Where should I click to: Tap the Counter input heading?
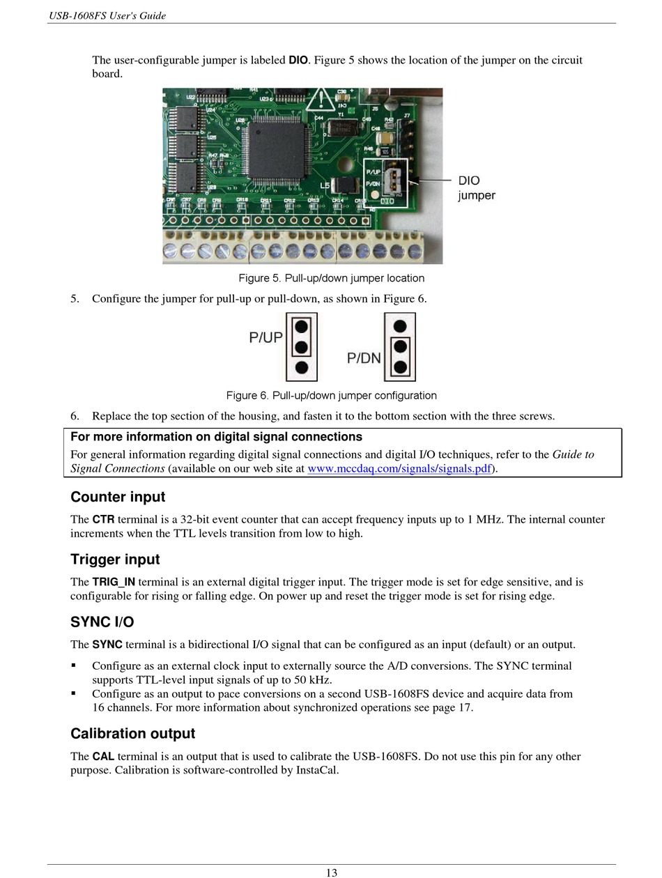pos(118,497)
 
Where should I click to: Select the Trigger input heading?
pos(115,560)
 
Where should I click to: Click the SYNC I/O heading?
pos(102,622)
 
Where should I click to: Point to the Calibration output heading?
pos(132,734)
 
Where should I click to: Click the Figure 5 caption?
pos(331,278)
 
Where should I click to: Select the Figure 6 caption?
pos(331,396)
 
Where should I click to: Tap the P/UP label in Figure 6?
pos(265,338)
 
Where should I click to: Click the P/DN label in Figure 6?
pos(364,358)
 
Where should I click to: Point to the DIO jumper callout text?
pos(476,188)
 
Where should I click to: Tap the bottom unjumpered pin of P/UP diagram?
pos(302,367)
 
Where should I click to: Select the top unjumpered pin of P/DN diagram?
pos(400,325)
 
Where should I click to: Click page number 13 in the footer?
pos(332,872)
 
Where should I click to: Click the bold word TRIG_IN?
pos(114,582)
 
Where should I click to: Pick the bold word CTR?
pos(103,520)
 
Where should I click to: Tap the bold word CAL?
pos(103,757)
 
